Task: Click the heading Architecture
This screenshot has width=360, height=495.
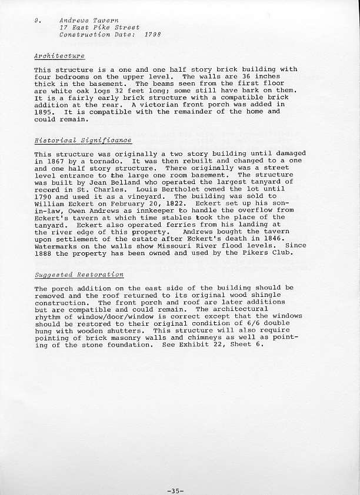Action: coord(59,56)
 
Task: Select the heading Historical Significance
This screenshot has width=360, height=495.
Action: coord(83,141)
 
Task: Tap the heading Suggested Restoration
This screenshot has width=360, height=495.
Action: coord(79,275)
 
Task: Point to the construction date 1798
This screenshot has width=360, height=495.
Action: coord(152,35)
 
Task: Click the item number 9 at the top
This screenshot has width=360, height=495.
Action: coord(36,20)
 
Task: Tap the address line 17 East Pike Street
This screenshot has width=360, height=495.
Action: coord(99,27)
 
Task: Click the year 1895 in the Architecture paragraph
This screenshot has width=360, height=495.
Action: coord(44,112)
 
